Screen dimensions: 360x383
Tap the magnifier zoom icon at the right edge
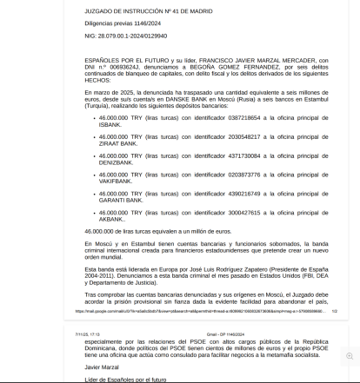point(350,356)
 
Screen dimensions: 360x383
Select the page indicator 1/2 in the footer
point(334,310)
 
